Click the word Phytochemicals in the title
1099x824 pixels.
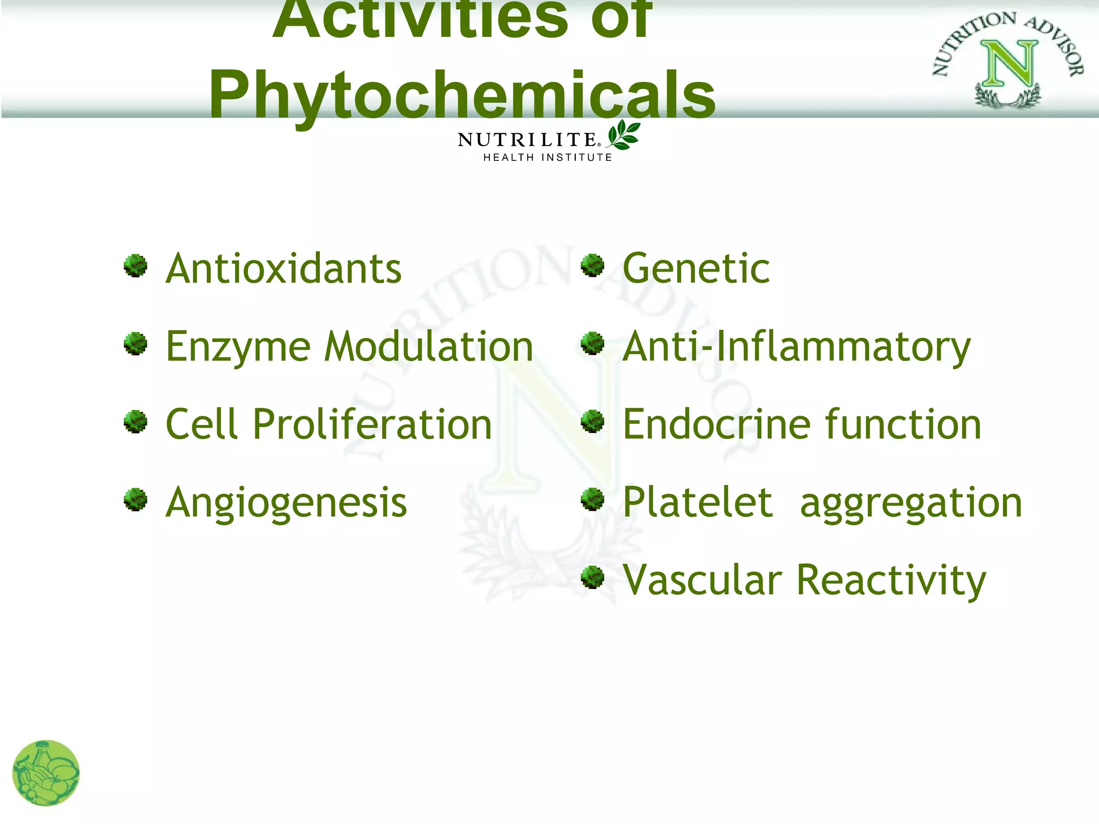click(461, 95)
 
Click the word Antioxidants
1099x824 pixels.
click(283, 269)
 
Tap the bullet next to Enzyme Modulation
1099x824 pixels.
click(135, 344)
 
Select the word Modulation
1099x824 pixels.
click(429, 347)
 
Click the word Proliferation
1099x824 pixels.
click(371, 424)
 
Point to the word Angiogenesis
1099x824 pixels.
click(286, 503)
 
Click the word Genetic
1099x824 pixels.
click(696, 269)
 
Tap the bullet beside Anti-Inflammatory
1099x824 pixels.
click(592, 343)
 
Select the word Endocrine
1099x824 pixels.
click(716, 424)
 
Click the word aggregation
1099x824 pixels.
click(911, 504)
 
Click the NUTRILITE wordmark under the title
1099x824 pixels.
click(527, 140)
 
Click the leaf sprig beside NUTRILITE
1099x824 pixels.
click(623, 135)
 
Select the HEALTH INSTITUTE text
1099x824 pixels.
click(547, 158)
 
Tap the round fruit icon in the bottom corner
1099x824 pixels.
click(46, 773)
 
